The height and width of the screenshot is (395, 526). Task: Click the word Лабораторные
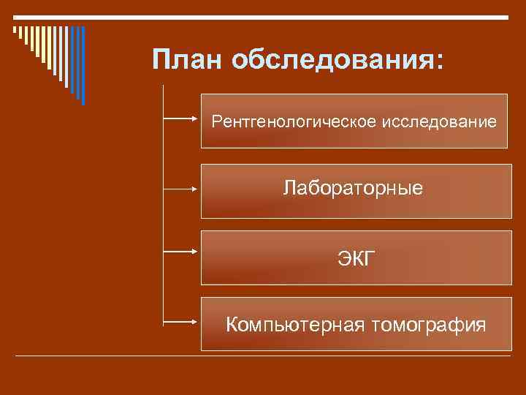click(354, 189)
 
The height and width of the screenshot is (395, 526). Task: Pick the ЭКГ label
click(354, 257)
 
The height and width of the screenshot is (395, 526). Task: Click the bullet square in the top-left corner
click(15, 30)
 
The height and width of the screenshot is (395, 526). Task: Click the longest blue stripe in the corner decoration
click(83, 66)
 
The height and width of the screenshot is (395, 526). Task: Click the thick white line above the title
click(263, 16)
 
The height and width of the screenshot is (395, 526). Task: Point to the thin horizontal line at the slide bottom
click(263, 356)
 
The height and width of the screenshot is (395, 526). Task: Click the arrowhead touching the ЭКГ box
click(196, 251)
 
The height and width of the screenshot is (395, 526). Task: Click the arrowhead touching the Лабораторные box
click(196, 188)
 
